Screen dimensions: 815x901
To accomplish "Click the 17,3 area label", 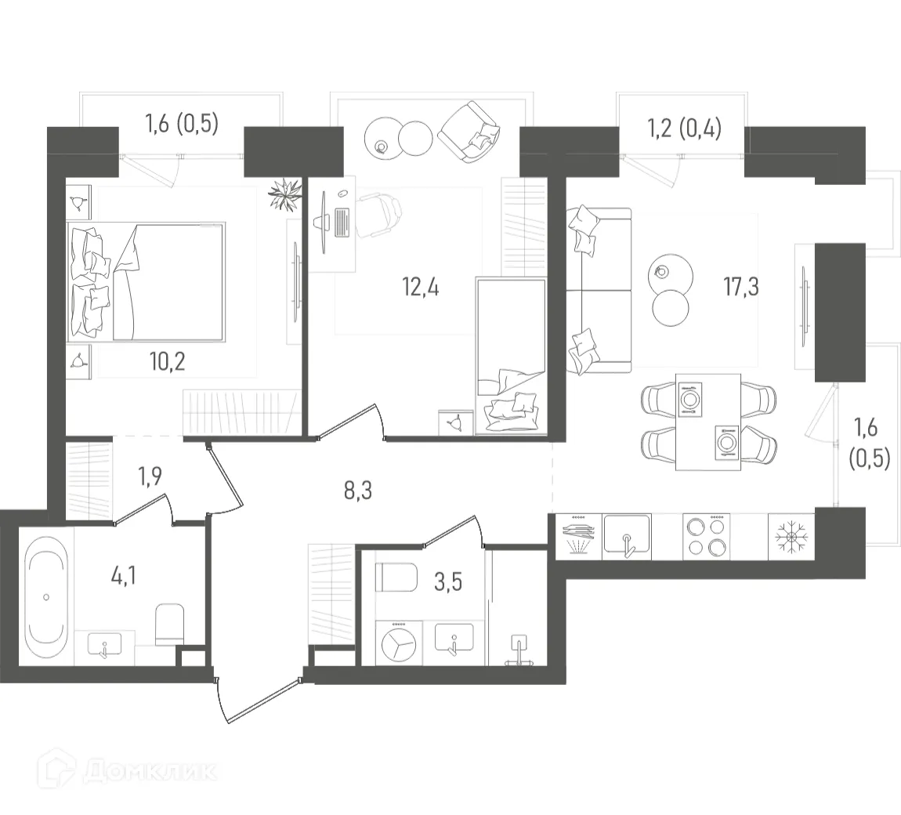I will (742, 287).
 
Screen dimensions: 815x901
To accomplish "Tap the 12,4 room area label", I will (421, 288).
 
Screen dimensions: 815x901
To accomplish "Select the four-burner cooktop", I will (706, 536).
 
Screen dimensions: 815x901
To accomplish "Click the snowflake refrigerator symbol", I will (791, 537).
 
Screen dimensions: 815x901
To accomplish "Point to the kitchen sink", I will (625, 537).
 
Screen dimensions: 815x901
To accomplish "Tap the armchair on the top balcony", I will (469, 134).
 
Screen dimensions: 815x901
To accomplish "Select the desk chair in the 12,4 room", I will (380, 216).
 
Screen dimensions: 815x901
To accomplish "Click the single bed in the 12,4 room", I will (510, 354).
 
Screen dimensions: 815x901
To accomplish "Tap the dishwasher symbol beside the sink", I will (579, 536).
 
